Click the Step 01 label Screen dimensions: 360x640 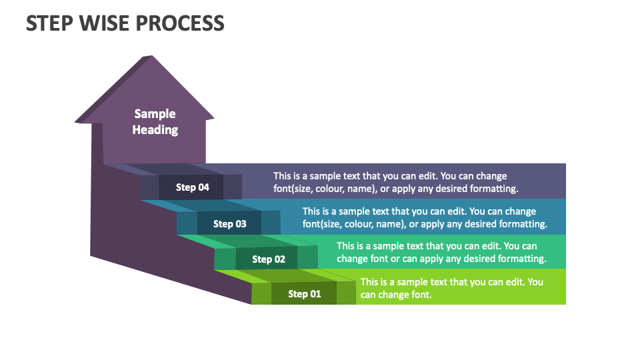pyautogui.click(x=304, y=294)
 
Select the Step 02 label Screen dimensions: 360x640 pyautogui.click(x=269, y=259)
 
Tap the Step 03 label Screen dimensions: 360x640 pyautogui.click(x=230, y=224)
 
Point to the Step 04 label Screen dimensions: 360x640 pyautogui.click(x=193, y=187)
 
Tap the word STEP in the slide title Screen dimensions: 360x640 pyautogui.click(x=51, y=23)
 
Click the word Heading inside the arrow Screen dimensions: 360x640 pyautogui.click(x=155, y=130)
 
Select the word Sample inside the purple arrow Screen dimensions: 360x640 pyautogui.click(x=155, y=114)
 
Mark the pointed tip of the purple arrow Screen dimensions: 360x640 pyautogui.click(x=152, y=57)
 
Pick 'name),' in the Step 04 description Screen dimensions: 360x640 pyautogui.click(x=365, y=189)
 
